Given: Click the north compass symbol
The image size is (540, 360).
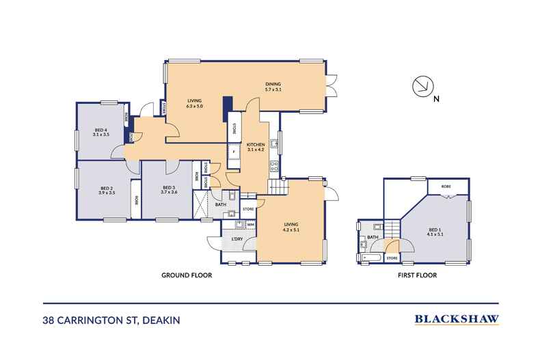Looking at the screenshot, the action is coord(422,86).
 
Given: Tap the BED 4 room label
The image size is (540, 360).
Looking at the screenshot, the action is coord(101,132).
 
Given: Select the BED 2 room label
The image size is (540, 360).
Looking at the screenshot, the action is coord(107,191).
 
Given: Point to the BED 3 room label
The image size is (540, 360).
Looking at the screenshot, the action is coord(169,190).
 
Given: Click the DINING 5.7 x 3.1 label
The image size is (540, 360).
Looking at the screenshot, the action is coord(273,87).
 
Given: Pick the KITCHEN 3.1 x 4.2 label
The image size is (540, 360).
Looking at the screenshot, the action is coord(256,147).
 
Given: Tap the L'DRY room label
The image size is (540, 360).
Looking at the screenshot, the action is coord(237,239).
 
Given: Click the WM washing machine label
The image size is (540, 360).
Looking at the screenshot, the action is coord(251,225).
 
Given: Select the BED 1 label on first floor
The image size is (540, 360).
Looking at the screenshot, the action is coord(435,232).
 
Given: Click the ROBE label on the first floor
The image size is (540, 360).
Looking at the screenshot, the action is coord(446,186).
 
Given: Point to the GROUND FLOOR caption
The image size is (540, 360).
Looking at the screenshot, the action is coord(187,275).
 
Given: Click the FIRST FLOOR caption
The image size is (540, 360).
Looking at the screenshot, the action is coord(418,275).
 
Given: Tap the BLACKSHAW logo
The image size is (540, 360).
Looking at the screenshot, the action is coord(457,319).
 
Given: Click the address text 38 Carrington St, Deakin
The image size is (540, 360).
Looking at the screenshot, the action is coord(111,320).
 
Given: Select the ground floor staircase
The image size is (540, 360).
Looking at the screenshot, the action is coord(278,187).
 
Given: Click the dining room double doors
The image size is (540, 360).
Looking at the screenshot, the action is coord(332,85).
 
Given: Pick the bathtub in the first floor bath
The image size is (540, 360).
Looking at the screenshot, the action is coord(370,258).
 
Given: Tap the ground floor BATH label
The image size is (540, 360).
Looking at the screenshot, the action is coord(220,204).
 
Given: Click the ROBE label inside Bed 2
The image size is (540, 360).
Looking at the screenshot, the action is coord(137,200).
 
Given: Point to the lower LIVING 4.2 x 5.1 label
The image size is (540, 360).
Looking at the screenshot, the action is coord(291,227).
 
